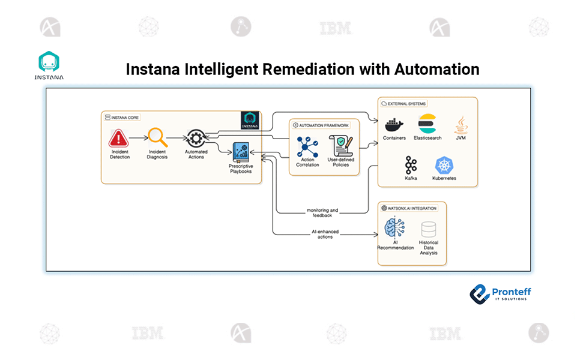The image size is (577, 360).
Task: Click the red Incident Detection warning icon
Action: [119, 139]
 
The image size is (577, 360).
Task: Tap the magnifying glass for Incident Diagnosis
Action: [157, 137]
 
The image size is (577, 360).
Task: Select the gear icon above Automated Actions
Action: [196, 137]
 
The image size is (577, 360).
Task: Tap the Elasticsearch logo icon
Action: [429, 124]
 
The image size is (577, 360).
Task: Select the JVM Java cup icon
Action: [461, 124]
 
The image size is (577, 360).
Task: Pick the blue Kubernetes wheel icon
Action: [444, 165]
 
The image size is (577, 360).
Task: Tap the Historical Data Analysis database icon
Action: [429, 229]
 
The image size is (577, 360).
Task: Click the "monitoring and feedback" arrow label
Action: [322, 212]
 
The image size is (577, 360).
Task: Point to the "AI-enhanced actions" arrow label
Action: [325, 234]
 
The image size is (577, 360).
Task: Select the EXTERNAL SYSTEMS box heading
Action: [405, 103]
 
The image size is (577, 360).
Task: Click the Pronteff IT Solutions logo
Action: [500, 293]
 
